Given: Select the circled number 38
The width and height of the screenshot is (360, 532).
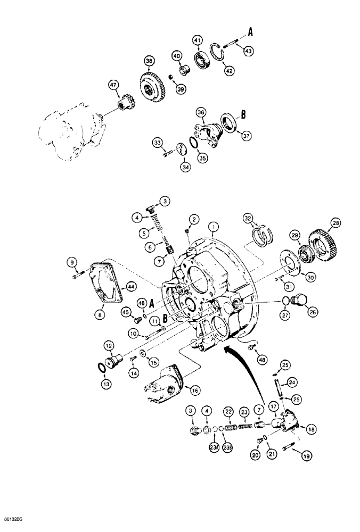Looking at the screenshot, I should (148, 61).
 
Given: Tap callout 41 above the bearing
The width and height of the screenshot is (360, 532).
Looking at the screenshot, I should (198, 40).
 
